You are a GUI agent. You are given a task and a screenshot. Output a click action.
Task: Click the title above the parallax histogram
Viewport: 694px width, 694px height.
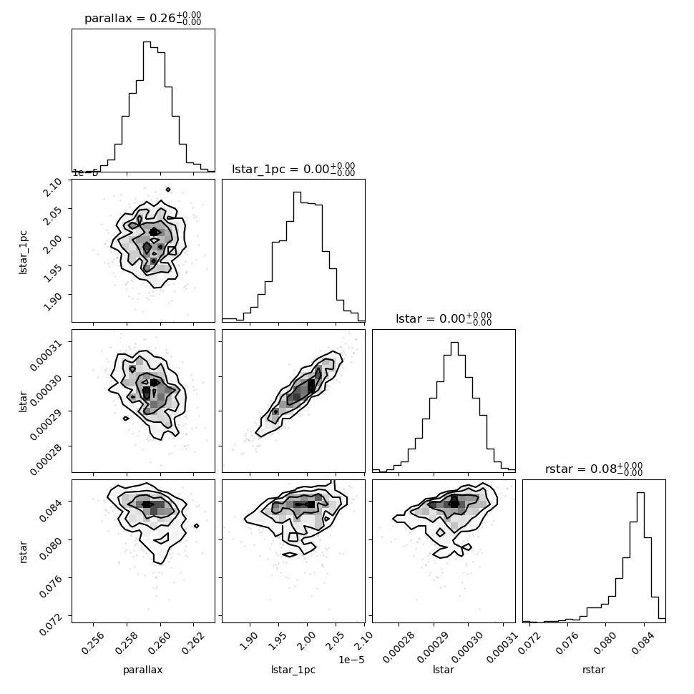pyautogui.click(x=143, y=19)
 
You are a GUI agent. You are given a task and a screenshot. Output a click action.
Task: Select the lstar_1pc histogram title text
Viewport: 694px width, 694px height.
pyautogui.click(x=293, y=169)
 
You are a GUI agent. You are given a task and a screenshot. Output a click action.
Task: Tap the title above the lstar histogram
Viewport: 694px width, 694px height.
pyautogui.click(x=444, y=318)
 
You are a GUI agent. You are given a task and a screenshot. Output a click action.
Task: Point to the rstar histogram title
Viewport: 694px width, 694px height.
pyautogui.click(x=594, y=469)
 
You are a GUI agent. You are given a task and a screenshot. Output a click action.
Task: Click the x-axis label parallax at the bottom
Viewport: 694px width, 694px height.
pyautogui.click(x=143, y=670)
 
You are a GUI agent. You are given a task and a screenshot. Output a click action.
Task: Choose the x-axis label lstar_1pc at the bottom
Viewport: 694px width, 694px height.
pyautogui.click(x=293, y=670)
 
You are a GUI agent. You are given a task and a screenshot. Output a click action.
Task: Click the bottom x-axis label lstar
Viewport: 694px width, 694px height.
pyautogui.click(x=444, y=670)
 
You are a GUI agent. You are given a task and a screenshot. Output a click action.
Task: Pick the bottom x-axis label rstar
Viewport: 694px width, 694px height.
pyautogui.click(x=594, y=670)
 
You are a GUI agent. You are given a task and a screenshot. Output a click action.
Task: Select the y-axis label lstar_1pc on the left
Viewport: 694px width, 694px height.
pyautogui.click(x=23, y=252)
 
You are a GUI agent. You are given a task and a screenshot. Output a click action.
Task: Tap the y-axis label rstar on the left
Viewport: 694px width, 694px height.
pyautogui.click(x=23, y=552)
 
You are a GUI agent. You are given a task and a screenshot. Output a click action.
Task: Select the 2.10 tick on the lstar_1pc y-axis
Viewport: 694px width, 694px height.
pyautogui.click(x=52, y=187)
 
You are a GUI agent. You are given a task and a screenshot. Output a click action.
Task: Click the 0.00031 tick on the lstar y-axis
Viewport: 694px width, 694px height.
pyautogui.click(x=46, y=356)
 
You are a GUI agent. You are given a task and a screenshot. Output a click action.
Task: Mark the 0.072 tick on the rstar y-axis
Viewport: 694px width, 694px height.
pyautogui.click(x=51, y=624)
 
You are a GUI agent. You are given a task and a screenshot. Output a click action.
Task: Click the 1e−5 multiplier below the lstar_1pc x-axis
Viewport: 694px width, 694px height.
pyautogui.click(x=351, y=660)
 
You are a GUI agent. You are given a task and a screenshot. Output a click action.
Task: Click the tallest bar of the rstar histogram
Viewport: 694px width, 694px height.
pyautogui.click(x=640, y=557)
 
